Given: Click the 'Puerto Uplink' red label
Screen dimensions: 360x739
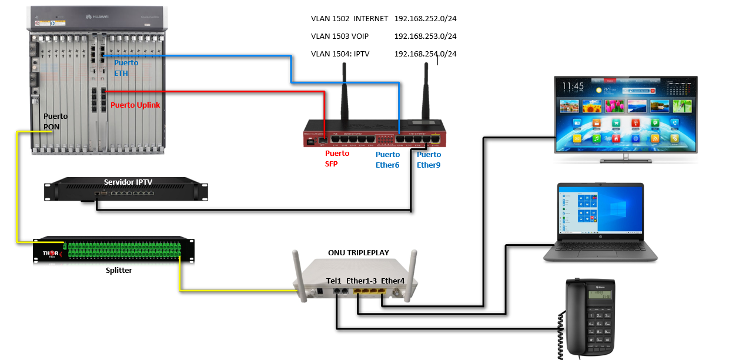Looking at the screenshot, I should [135, 105].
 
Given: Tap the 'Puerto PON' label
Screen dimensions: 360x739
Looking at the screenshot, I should [56, 121].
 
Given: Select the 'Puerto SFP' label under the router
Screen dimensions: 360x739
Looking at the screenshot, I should [337, 159].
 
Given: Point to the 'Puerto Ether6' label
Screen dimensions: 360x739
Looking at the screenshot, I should [387, 159].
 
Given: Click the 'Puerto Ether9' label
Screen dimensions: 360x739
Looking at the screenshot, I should [429, 159].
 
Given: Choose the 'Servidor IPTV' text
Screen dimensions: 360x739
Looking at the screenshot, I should [128, 182].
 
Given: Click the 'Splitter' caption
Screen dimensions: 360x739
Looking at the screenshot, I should [119, 270].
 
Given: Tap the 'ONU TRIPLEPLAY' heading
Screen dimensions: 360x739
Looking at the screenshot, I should [359, 253].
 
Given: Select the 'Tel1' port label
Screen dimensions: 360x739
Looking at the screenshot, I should [334, 281].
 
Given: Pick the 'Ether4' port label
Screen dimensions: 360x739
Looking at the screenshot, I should [393, 281].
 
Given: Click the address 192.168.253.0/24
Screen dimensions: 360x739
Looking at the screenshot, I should [425, 36].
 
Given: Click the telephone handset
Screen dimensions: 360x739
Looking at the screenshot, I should [574, 318].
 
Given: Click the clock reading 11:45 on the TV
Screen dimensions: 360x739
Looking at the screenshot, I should [573, 86].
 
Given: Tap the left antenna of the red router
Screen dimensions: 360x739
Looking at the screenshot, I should [344, 88].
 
